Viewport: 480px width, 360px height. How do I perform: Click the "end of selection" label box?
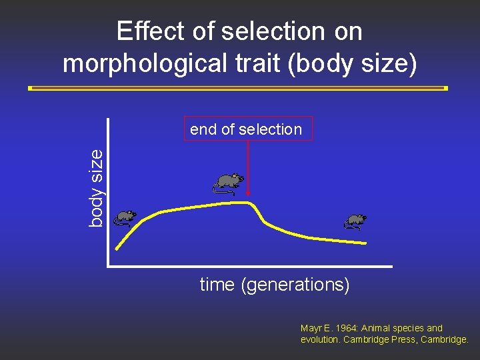click(246, 129)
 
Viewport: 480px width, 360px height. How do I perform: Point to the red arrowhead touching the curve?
click(248, 197)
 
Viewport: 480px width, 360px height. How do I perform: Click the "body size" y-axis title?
click(97, 187)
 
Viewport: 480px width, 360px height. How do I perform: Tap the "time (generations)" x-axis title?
click(274, 285)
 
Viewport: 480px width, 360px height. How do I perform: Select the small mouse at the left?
click(123, 217)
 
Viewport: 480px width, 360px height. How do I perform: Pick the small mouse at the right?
click(355, 221)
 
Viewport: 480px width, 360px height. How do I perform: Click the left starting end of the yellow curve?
click(117, 249)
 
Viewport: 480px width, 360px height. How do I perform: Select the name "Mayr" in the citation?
click(311, 328)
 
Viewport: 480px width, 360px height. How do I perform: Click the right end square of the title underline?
click(445, 88)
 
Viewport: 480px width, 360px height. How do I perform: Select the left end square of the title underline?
click(31, 88)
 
